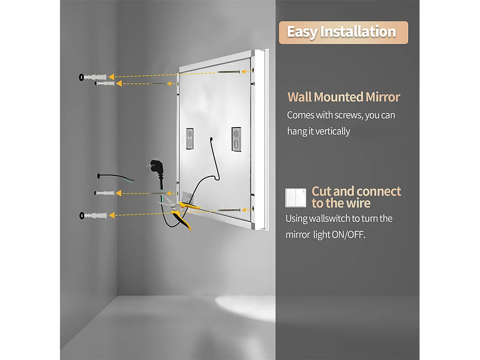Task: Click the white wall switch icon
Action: tap(295, 198)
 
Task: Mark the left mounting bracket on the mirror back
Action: tap(189, 138)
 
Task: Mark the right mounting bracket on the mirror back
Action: tap(236, 139)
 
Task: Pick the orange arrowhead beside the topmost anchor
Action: tap(111, 77)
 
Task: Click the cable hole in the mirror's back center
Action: tap(211, 139)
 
